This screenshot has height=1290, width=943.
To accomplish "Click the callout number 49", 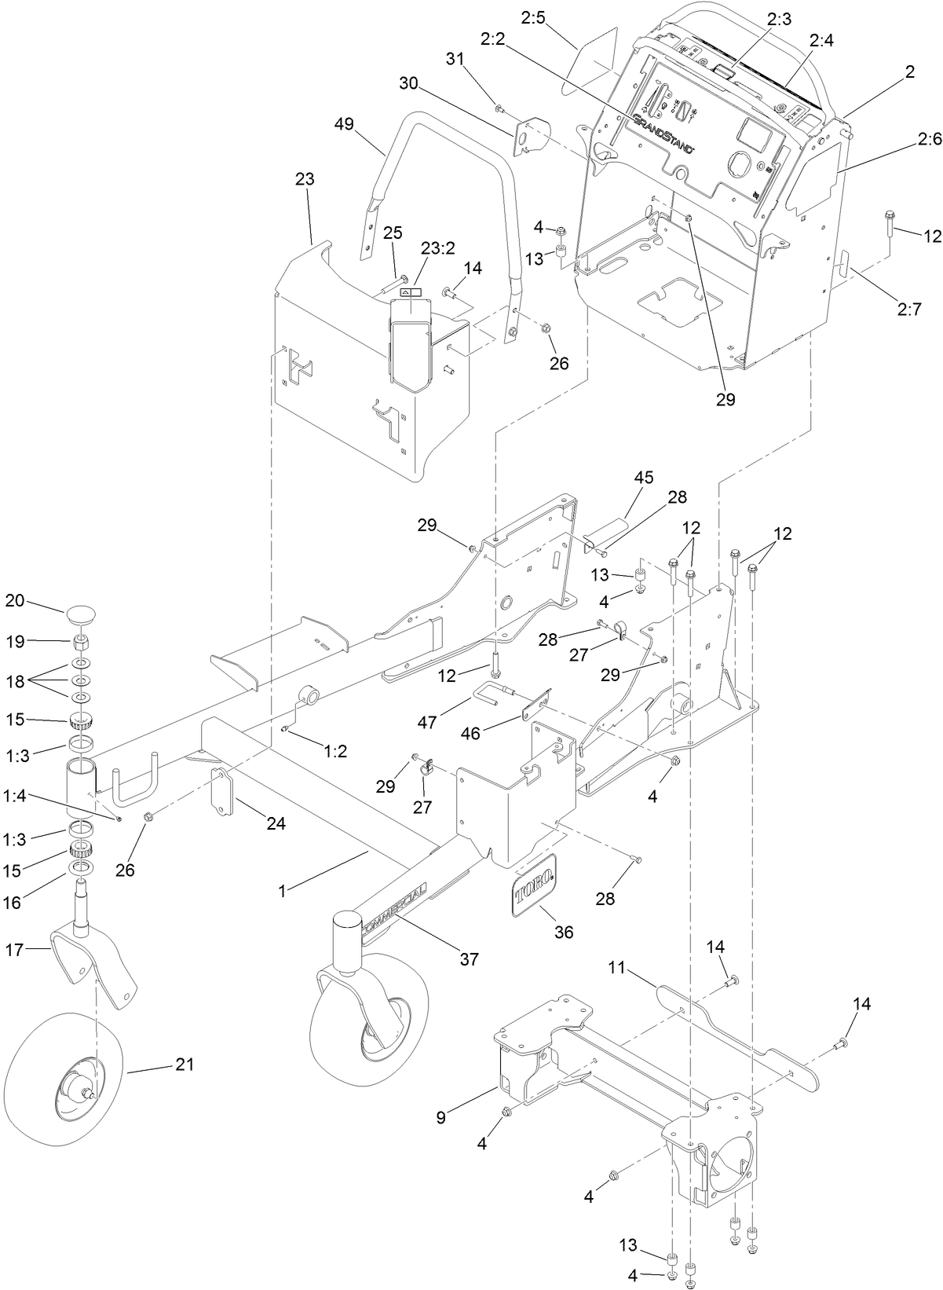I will [x=343, y=124].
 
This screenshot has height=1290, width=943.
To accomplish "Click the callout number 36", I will [x=564, y=932].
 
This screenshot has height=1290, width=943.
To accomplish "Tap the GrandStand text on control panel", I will [x=661, y=134].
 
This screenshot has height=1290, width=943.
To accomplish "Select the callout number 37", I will [x=470, y=959].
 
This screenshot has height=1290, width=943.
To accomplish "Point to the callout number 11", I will [x=617, y=968].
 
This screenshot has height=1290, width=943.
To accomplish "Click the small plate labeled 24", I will [x=224, y=794].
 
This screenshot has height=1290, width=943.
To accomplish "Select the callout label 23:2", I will [x=438, y=247].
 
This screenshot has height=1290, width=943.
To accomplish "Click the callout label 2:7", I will [x=908, y=309].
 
